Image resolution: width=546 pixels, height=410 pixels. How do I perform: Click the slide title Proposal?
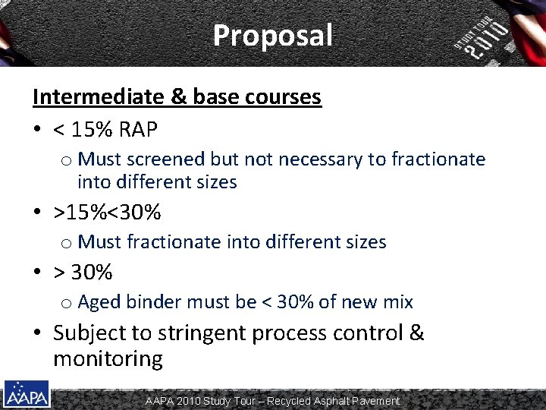coord(272,35)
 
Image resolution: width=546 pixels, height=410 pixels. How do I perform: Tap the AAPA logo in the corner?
coord(27,393)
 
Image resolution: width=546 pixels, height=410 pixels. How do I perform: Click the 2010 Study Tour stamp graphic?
coord(482,37)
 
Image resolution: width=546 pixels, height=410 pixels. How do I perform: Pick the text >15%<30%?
coord(107,212)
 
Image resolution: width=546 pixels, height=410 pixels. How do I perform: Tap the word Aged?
coord(99,302)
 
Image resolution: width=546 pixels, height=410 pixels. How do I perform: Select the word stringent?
coord(200,333)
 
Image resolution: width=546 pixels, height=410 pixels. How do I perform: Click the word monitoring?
coord(108,358)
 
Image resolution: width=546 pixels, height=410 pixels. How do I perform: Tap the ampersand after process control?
coord(416,333)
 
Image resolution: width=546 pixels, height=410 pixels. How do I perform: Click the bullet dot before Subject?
coord(37,333)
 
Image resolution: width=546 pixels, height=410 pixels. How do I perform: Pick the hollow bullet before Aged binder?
coord(65,303)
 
